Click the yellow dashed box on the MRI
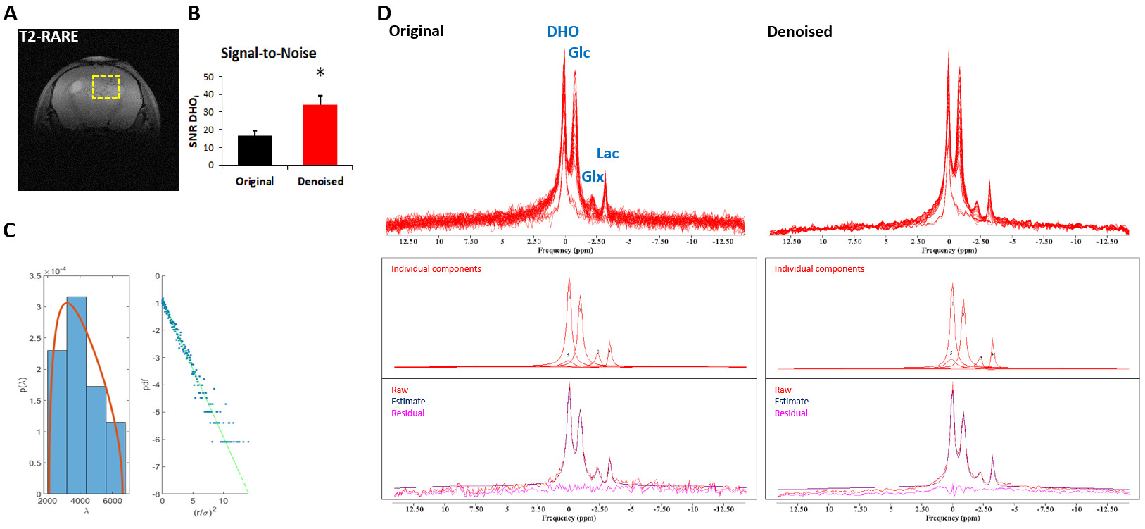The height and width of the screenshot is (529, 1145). (106, 87)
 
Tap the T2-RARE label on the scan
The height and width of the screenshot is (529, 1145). (49, 37)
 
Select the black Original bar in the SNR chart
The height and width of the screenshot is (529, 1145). (255, 150)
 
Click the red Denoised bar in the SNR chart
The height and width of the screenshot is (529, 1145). (320, 135)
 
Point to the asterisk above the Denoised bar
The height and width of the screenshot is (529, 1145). (320, 73)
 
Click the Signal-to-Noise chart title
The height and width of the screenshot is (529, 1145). (268, 54)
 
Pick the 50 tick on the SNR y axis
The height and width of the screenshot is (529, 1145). (208, 77)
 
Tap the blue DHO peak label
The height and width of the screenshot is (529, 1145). (563, 32)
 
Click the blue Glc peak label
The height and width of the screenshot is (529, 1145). (579, 53)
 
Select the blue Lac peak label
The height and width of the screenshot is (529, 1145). (607, 154)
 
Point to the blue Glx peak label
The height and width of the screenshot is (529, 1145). (593, 176)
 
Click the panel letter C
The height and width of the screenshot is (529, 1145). (9, 230)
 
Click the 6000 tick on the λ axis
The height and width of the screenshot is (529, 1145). (113, 502)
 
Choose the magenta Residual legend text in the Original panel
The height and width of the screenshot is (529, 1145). (408, 413)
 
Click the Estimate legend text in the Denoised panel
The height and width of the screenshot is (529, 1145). (792, 402)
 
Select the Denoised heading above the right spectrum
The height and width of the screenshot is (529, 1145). (799, 32)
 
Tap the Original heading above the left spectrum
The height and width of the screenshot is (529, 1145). (417, 31)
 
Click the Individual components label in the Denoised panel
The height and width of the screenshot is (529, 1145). (819, 269)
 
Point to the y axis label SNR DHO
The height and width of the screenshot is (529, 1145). (194, 121)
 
